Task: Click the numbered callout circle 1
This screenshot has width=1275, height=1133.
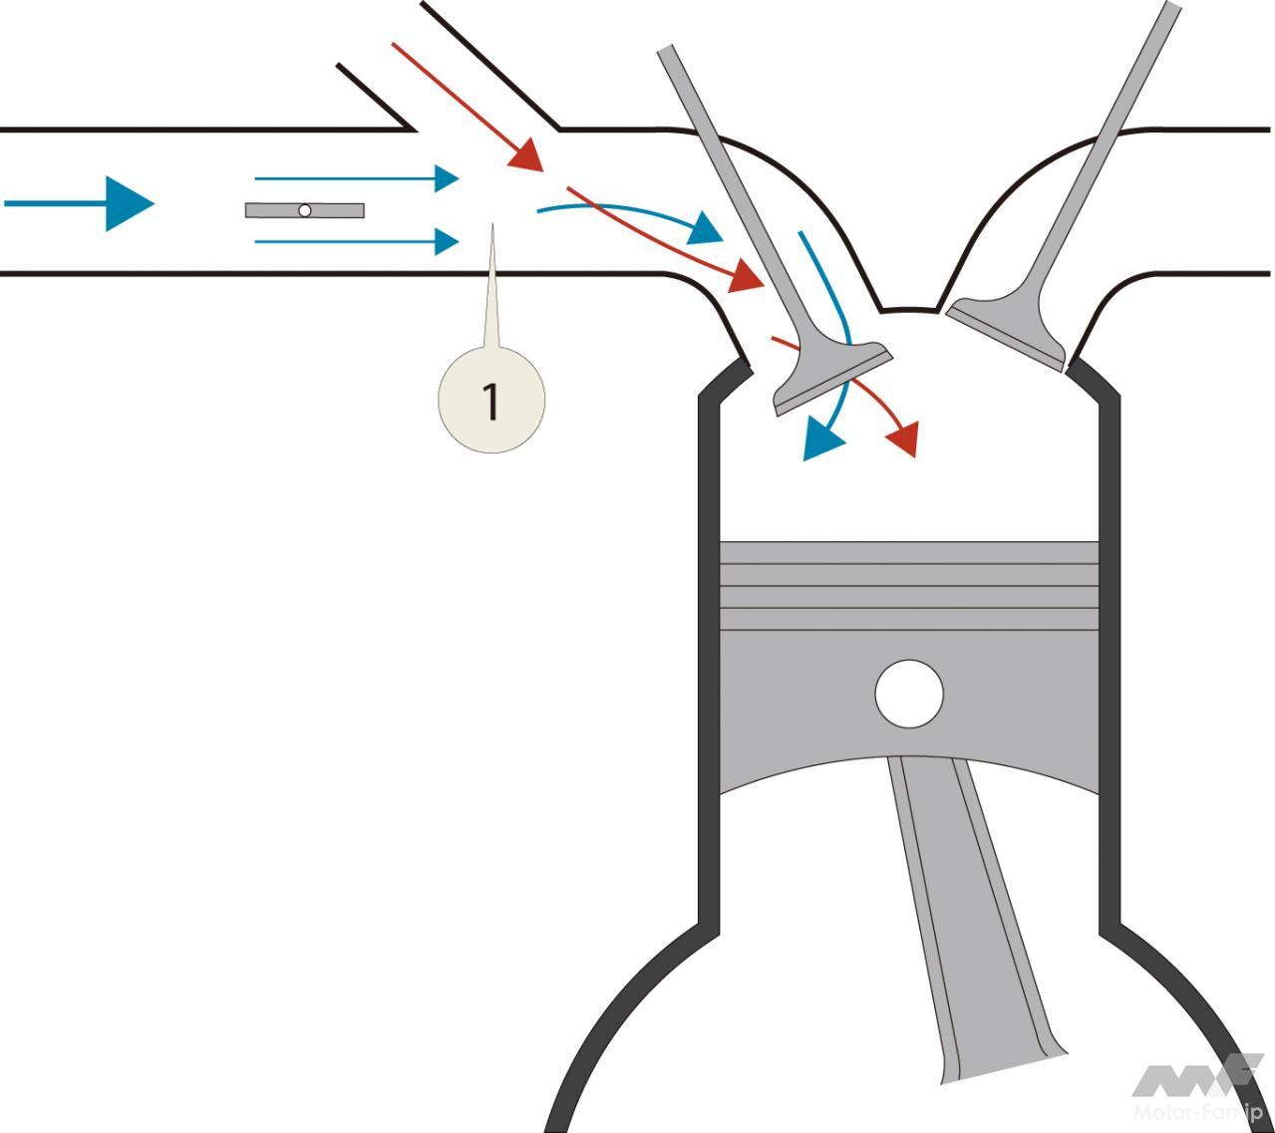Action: [x=491, y=400]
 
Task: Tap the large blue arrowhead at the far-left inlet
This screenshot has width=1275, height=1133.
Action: [x=129, y=203]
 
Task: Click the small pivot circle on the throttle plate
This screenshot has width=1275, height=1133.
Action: [x=305, y=210]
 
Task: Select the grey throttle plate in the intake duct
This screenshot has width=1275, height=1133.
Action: [x=339, y=210]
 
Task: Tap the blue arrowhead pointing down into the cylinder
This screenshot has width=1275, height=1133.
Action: [x=820, y=438]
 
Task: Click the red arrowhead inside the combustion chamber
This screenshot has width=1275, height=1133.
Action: [x=903, y=437]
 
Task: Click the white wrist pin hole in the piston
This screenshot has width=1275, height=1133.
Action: [x=908, y=694]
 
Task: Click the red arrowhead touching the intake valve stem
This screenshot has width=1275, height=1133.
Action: [x=747, y=275]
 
